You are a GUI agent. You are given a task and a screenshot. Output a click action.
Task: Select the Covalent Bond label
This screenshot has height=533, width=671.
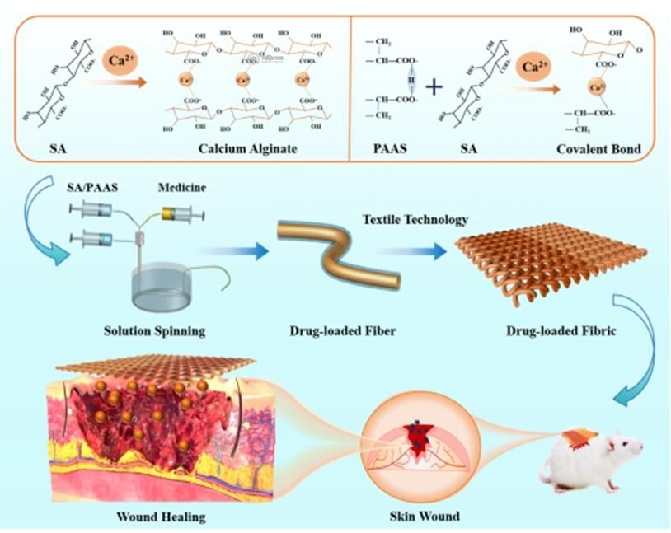[x=606, y=148]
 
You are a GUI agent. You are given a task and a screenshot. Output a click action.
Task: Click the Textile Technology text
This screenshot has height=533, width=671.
[x=416, y=219]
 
